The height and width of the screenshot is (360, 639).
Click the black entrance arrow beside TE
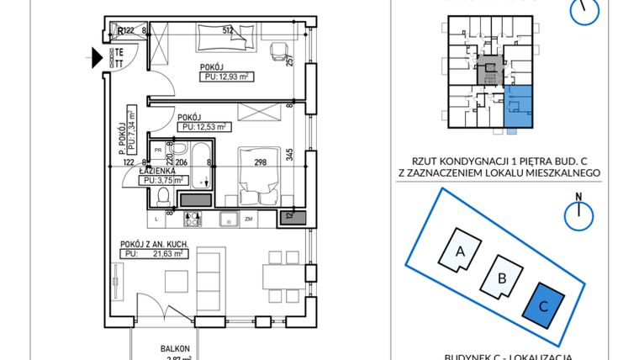(97, 58)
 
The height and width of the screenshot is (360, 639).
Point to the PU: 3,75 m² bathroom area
(162, 178)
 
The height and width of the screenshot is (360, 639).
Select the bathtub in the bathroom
(203, 165)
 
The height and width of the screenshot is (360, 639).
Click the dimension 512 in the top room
(227, 31)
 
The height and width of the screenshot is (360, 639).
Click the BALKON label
(177, 348)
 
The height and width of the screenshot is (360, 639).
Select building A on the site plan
(460, 249)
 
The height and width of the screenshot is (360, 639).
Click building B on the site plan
(501, 278)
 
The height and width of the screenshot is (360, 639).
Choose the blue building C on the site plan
(543, 306)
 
